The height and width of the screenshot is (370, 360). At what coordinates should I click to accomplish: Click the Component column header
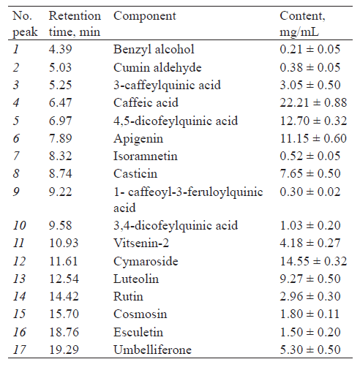(145, 16)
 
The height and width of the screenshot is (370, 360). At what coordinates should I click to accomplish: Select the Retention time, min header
(75, 24)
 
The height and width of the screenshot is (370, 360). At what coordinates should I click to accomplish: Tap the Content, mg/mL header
(302, 24)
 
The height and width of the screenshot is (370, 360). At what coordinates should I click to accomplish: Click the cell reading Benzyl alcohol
(154, 50)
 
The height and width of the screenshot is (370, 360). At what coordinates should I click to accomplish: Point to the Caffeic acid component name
(146, 102)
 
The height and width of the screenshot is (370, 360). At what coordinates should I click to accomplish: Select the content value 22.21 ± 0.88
(313, 102)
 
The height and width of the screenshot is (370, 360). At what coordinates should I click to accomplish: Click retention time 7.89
(61, 138)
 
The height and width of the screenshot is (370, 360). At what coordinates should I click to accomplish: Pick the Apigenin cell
(138, 139)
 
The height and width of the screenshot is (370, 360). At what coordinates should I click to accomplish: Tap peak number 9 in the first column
(16, 192)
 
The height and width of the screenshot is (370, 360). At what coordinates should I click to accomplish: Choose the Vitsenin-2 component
(141, 243)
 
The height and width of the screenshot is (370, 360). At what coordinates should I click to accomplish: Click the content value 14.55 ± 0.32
(313, 261)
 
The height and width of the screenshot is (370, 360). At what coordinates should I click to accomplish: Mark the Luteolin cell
(136, 279)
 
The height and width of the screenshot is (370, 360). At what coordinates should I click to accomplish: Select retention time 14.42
(64, 297)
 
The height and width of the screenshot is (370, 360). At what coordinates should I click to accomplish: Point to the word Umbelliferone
(152, 350)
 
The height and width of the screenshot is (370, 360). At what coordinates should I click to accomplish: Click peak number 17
(19, 350)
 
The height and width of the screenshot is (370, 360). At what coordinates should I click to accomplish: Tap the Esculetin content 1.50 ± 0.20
(310, 332)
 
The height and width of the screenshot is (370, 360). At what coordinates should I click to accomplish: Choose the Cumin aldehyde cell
(157, 68)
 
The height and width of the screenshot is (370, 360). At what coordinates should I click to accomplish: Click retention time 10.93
(64, 243)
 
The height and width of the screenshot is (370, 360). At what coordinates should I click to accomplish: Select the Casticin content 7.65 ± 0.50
(310, 173)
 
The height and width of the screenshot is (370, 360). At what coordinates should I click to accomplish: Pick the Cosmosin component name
(140, 314)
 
